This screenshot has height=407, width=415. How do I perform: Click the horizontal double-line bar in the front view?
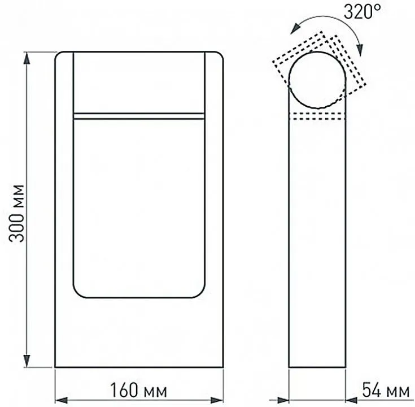(138, 115)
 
